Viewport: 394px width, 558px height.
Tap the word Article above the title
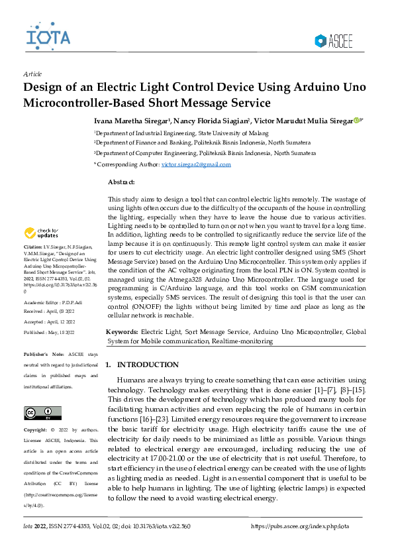pos(32,74)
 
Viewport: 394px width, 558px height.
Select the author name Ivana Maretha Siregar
pos(130,121)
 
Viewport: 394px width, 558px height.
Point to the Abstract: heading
pos(121,182)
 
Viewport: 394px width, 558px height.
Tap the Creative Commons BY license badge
pos(38,412)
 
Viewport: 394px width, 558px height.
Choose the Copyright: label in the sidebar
pos(35,431)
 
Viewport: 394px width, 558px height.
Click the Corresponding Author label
pos(127,163)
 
